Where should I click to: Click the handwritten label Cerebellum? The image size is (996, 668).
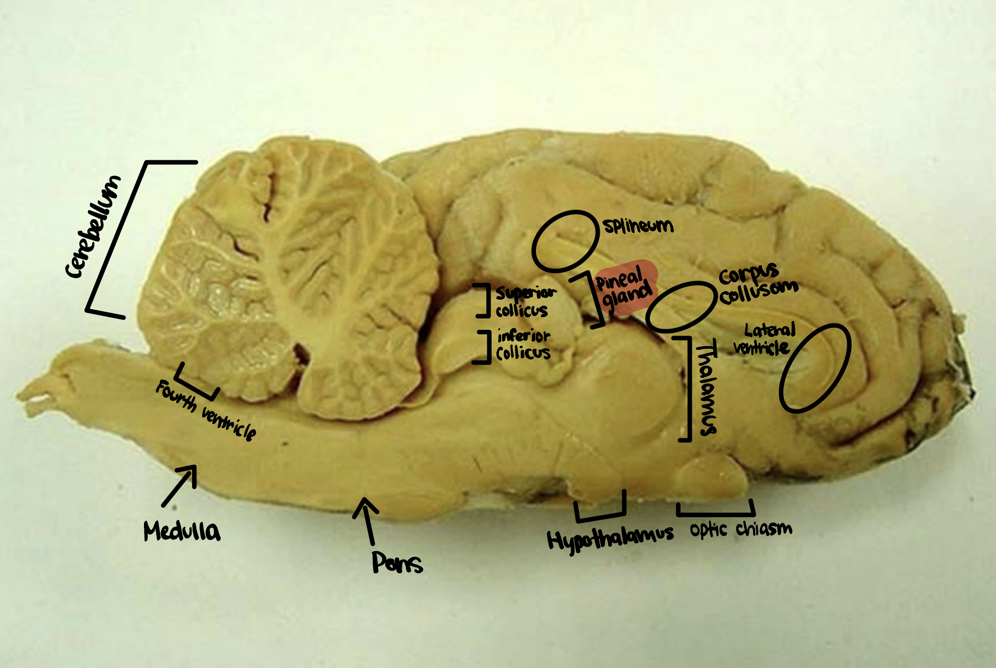(x=93, y=227)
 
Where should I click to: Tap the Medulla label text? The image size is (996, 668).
(x=182, y=531)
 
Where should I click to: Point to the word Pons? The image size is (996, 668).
(x=397, y=563)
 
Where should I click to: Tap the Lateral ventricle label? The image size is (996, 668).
(x=765, y=339)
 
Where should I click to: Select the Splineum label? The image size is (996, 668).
(x=638, y=226)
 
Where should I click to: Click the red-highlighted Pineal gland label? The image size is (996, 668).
(x=624, y=289)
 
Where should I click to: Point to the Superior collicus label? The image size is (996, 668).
(x=525, y=302)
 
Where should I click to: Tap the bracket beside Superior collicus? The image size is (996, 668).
(x=483, y=301)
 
